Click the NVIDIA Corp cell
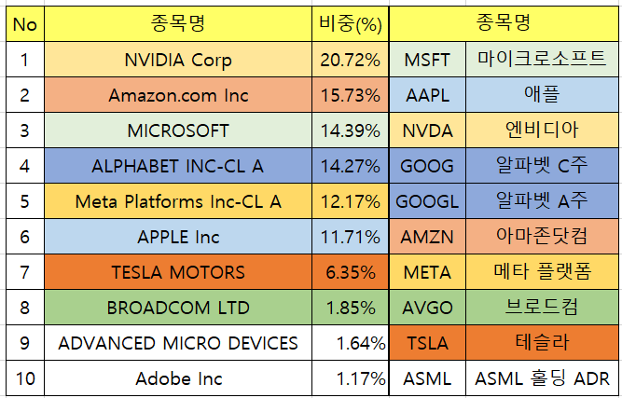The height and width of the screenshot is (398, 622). pos(178,60)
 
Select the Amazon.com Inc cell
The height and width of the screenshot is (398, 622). pos(178,95)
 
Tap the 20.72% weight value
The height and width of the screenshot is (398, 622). pos(350,60)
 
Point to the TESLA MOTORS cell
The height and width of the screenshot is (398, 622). pos(178,272)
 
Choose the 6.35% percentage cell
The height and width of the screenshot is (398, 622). pos(350,272)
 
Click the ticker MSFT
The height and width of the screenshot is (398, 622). pos(426,60)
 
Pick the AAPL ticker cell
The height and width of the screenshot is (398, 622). pos(426,95)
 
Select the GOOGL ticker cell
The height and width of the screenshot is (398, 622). pos(426,201)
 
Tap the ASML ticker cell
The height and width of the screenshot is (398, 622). pos(426,378)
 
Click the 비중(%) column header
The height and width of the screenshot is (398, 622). pos(350,24)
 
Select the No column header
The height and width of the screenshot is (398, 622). pos(25,24)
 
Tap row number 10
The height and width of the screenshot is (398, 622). pos(25,378)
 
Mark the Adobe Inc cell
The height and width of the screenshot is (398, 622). pos(178,378)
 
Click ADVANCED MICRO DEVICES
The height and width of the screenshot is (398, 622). pos(178,343)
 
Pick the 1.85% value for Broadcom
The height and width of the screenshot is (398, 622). pos(350,308)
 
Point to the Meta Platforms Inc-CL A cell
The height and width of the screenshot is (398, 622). pos(178,201)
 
